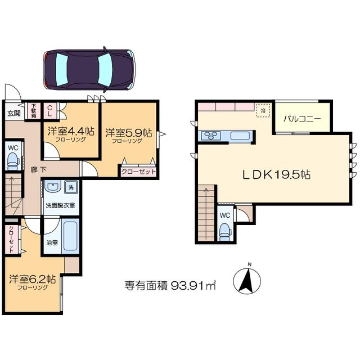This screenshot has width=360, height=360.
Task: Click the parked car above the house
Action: pyautogui.click(x=89, y=70)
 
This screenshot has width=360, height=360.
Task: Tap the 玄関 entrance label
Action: pyautogui.click(x=14, y=113)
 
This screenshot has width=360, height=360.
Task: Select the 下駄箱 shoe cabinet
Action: pyautogui.click(x=34, y=111)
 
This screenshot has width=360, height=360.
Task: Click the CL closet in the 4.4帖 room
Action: pyautogui.click(x=50, y=111)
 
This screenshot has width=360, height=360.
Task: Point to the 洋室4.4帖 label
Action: pyautogui.click(x=71, y=132)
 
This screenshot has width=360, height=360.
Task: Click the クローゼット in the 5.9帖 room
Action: pyautogui.click(x=138, y=172)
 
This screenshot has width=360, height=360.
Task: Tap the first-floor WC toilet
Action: pyautogui.click(x=13, y=161)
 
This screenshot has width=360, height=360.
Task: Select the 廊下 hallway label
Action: pyautogui.click(x=38, y=170)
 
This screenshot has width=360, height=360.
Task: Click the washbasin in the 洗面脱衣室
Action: pyautogui.click(x=53, y=186)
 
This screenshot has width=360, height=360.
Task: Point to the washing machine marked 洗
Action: pyautogui.click(x=71, y=187)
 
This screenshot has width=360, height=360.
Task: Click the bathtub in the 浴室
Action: pyautogui.click(x=70, y=236)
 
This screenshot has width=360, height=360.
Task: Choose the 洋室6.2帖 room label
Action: pyautogui.click(x=33, y=280)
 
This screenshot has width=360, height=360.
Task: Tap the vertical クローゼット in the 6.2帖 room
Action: pyautogui.click(x=11, y=240)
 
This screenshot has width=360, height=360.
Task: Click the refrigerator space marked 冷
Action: pyautogui.click(x=263, y=111)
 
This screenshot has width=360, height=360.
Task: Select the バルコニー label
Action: pyautogui.click(x=302, y=119)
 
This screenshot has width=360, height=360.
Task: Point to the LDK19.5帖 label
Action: pyautogui.click(x=277, y=175)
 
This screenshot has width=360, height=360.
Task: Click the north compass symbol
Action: pyautogui.click(x=247, y=280)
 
